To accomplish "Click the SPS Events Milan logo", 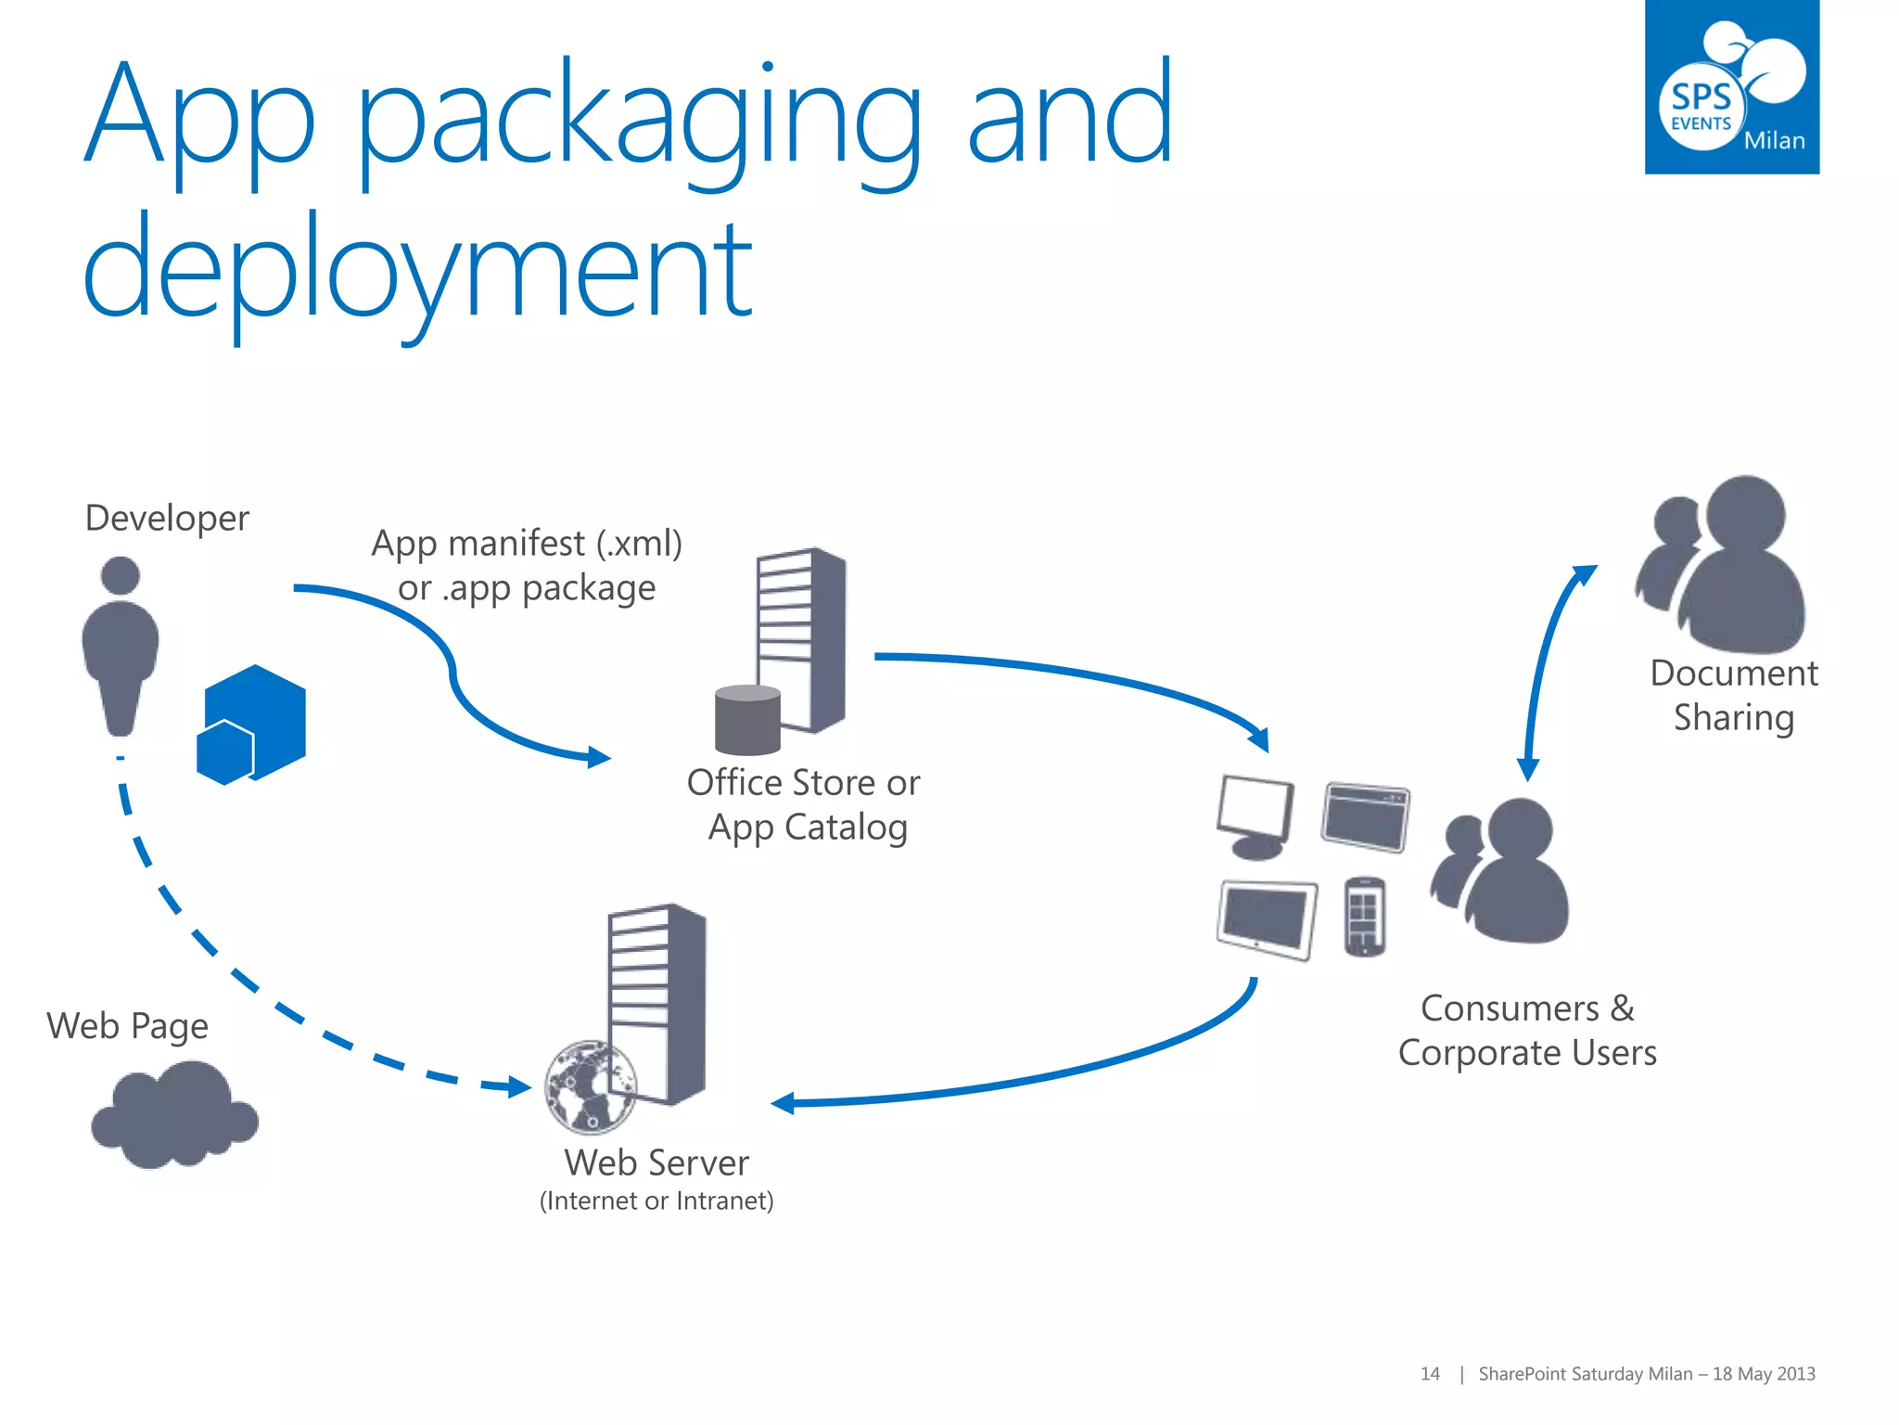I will coord(1731,87).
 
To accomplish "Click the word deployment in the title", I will coord(417,269).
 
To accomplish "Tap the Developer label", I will coord(167,518).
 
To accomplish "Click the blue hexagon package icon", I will coord(251,725).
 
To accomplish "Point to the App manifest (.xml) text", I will coord(527,543).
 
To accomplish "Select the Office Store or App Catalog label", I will coord(804,804).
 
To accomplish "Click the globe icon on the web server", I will coord(591,1086).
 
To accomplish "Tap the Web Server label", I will coord(656,1162).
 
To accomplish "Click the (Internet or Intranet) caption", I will coord(656,1201).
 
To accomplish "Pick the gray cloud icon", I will coord(174,1115).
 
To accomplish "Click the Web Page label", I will coord(128,1026).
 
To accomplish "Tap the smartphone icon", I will coord(1364,917).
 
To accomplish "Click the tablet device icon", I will coord(1267,918).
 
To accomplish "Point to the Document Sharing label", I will coord(1734,695).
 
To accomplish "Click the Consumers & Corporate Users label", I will coord(1527,1031).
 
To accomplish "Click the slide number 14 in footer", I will coord(1430,1374).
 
